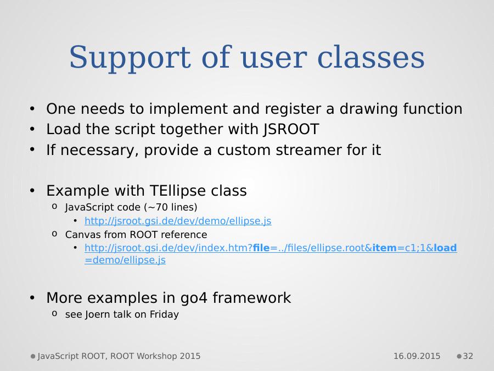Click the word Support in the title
point(130,58)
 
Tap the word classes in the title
point(371,57)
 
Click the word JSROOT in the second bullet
point(291,129)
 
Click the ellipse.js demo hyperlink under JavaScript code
point(178,221)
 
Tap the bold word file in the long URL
point(261,248)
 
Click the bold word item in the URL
point(384,248)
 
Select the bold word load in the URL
point(445,248)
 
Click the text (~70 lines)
point(171,207)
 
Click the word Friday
point(164,314)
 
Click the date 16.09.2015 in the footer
point(417,356)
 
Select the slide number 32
point(468,356)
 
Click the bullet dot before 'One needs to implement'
point(32,109)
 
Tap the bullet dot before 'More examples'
point(32,298)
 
